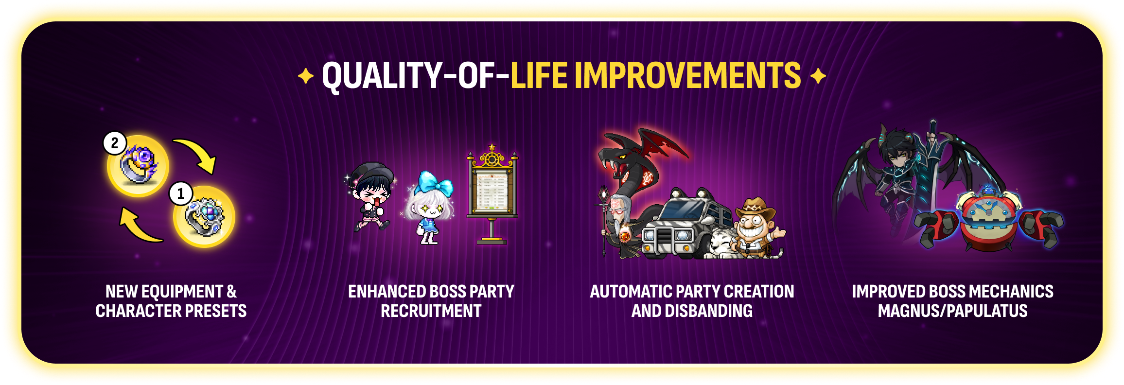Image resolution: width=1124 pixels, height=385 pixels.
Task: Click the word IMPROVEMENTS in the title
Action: pyautogui.click(x=691, y=75)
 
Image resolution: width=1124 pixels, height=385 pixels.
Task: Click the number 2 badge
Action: pyautogui.click(x=115, y=143)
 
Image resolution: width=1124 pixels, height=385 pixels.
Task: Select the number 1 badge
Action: pyautogui.click(x=181, y=193)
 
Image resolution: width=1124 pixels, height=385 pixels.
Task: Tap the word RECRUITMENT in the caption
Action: pyautogui.click(x=431, y=311)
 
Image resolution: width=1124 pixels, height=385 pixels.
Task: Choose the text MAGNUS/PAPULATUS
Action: pyautogui.click(x=953, y=311)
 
